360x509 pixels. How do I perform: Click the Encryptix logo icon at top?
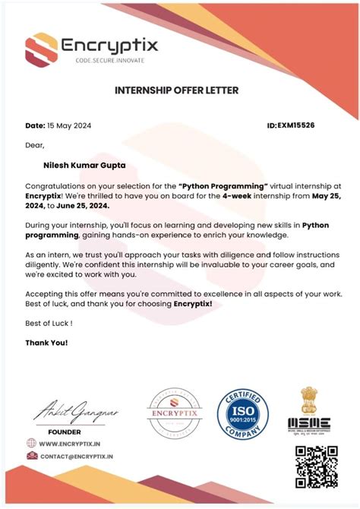[x=40, y=50]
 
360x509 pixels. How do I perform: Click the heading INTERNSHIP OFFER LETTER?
[x=176, y=90]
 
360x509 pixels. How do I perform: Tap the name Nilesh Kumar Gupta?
[x=85, y=163]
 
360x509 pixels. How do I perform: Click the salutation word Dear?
[x=35, y=144]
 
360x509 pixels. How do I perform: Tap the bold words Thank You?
[x=46, y=343]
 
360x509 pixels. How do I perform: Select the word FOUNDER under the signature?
[x=64, y=431]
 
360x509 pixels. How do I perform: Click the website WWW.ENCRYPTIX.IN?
[x=69, y=443]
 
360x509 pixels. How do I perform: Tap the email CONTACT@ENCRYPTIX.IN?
[x=76, y=457]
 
